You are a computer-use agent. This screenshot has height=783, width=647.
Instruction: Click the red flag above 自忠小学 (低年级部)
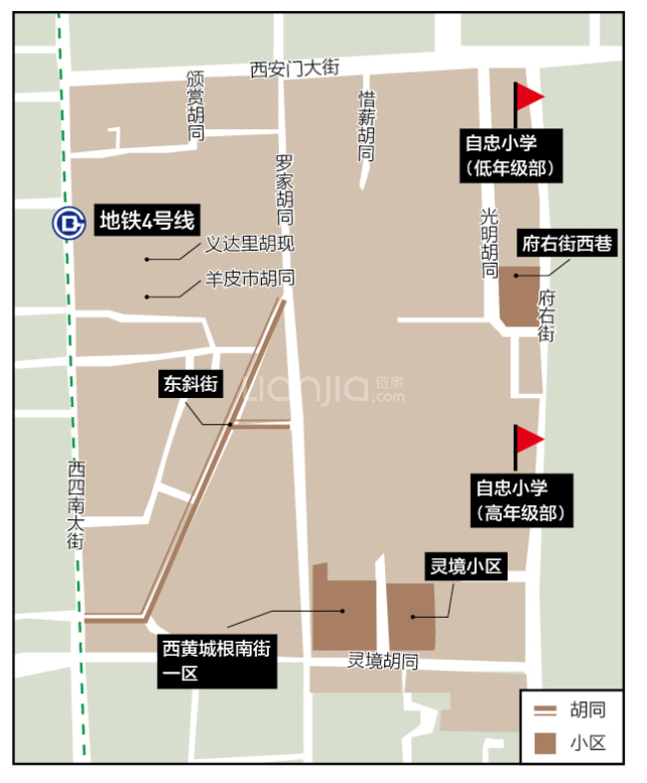pos(528,97)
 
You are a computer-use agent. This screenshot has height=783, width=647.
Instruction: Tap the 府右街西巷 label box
pos(566,244)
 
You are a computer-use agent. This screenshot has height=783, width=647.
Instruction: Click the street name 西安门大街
pos(295,68)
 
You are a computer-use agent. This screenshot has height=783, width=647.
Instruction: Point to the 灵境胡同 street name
pos(382,661)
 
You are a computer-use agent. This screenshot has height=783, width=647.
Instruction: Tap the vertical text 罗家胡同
pos(285,189)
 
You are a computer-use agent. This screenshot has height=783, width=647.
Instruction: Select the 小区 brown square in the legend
pos(545,742)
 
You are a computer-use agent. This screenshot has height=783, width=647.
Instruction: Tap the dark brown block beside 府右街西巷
pos(518,296)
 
